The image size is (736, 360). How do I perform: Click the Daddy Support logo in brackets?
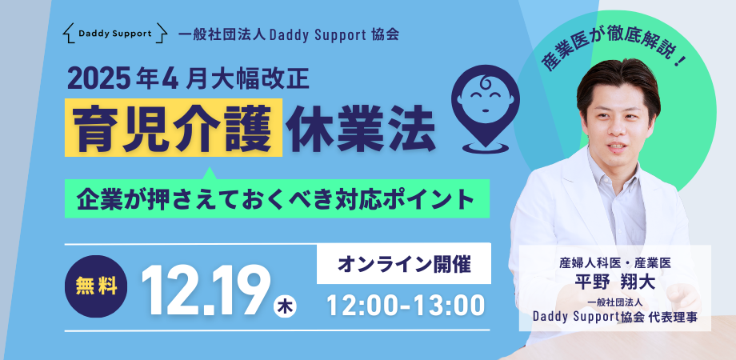pos(116,34)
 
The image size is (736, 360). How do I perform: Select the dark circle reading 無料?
pos(95,286)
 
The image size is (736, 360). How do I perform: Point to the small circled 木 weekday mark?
pos(286,306)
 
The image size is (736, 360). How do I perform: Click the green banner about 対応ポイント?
pos(277,198)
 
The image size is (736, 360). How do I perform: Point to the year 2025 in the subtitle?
pos(98,81)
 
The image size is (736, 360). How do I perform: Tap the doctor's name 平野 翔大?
pos(614,281)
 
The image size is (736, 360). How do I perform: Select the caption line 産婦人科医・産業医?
pos(614,262)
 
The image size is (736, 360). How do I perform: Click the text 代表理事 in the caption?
pos(675,317)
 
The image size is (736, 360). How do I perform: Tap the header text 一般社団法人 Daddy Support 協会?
pos(287,34)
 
